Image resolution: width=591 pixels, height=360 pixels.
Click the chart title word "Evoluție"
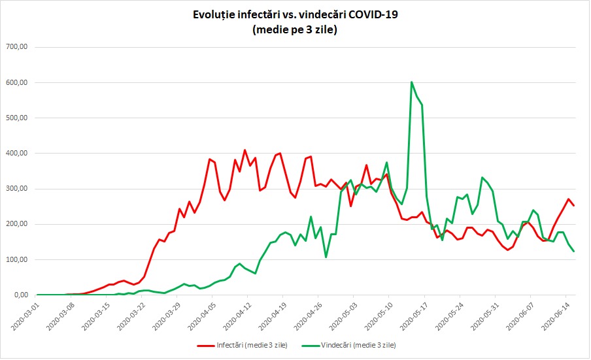click(x=214, y=14)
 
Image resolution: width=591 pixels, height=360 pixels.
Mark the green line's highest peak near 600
click(x=411, y=82)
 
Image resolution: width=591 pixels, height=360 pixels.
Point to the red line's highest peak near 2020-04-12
click(x=245, y=150)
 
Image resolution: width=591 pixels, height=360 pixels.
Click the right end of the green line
click(x=573, y=252)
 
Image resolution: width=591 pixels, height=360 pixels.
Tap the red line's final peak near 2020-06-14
click(x=568, y=199)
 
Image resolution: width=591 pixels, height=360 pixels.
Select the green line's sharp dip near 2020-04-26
click(x=326, y=257)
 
